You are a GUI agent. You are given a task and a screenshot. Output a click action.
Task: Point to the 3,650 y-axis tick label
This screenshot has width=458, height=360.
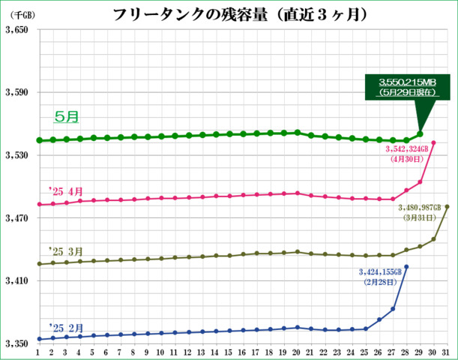click(x=16, y=30)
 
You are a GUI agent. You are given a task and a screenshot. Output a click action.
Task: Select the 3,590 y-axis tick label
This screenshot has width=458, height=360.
click(x=16, y=93)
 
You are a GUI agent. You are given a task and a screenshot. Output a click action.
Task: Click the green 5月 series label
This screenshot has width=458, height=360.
click(x=67, y=117)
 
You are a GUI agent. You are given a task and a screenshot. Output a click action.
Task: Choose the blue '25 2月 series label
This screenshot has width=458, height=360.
click(x=64, y=328)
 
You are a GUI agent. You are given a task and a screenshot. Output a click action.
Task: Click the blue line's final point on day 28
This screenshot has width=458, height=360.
click(x=406, y=266)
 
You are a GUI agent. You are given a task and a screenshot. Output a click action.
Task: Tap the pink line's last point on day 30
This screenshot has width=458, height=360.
click(x=434, y=142)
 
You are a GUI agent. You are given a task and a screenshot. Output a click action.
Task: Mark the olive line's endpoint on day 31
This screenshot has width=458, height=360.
click(x=448, y=206)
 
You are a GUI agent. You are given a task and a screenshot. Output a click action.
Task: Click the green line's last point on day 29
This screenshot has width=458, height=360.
click(x=420, y=134)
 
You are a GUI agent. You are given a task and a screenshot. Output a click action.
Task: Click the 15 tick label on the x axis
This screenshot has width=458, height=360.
click(x=229, y=352)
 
